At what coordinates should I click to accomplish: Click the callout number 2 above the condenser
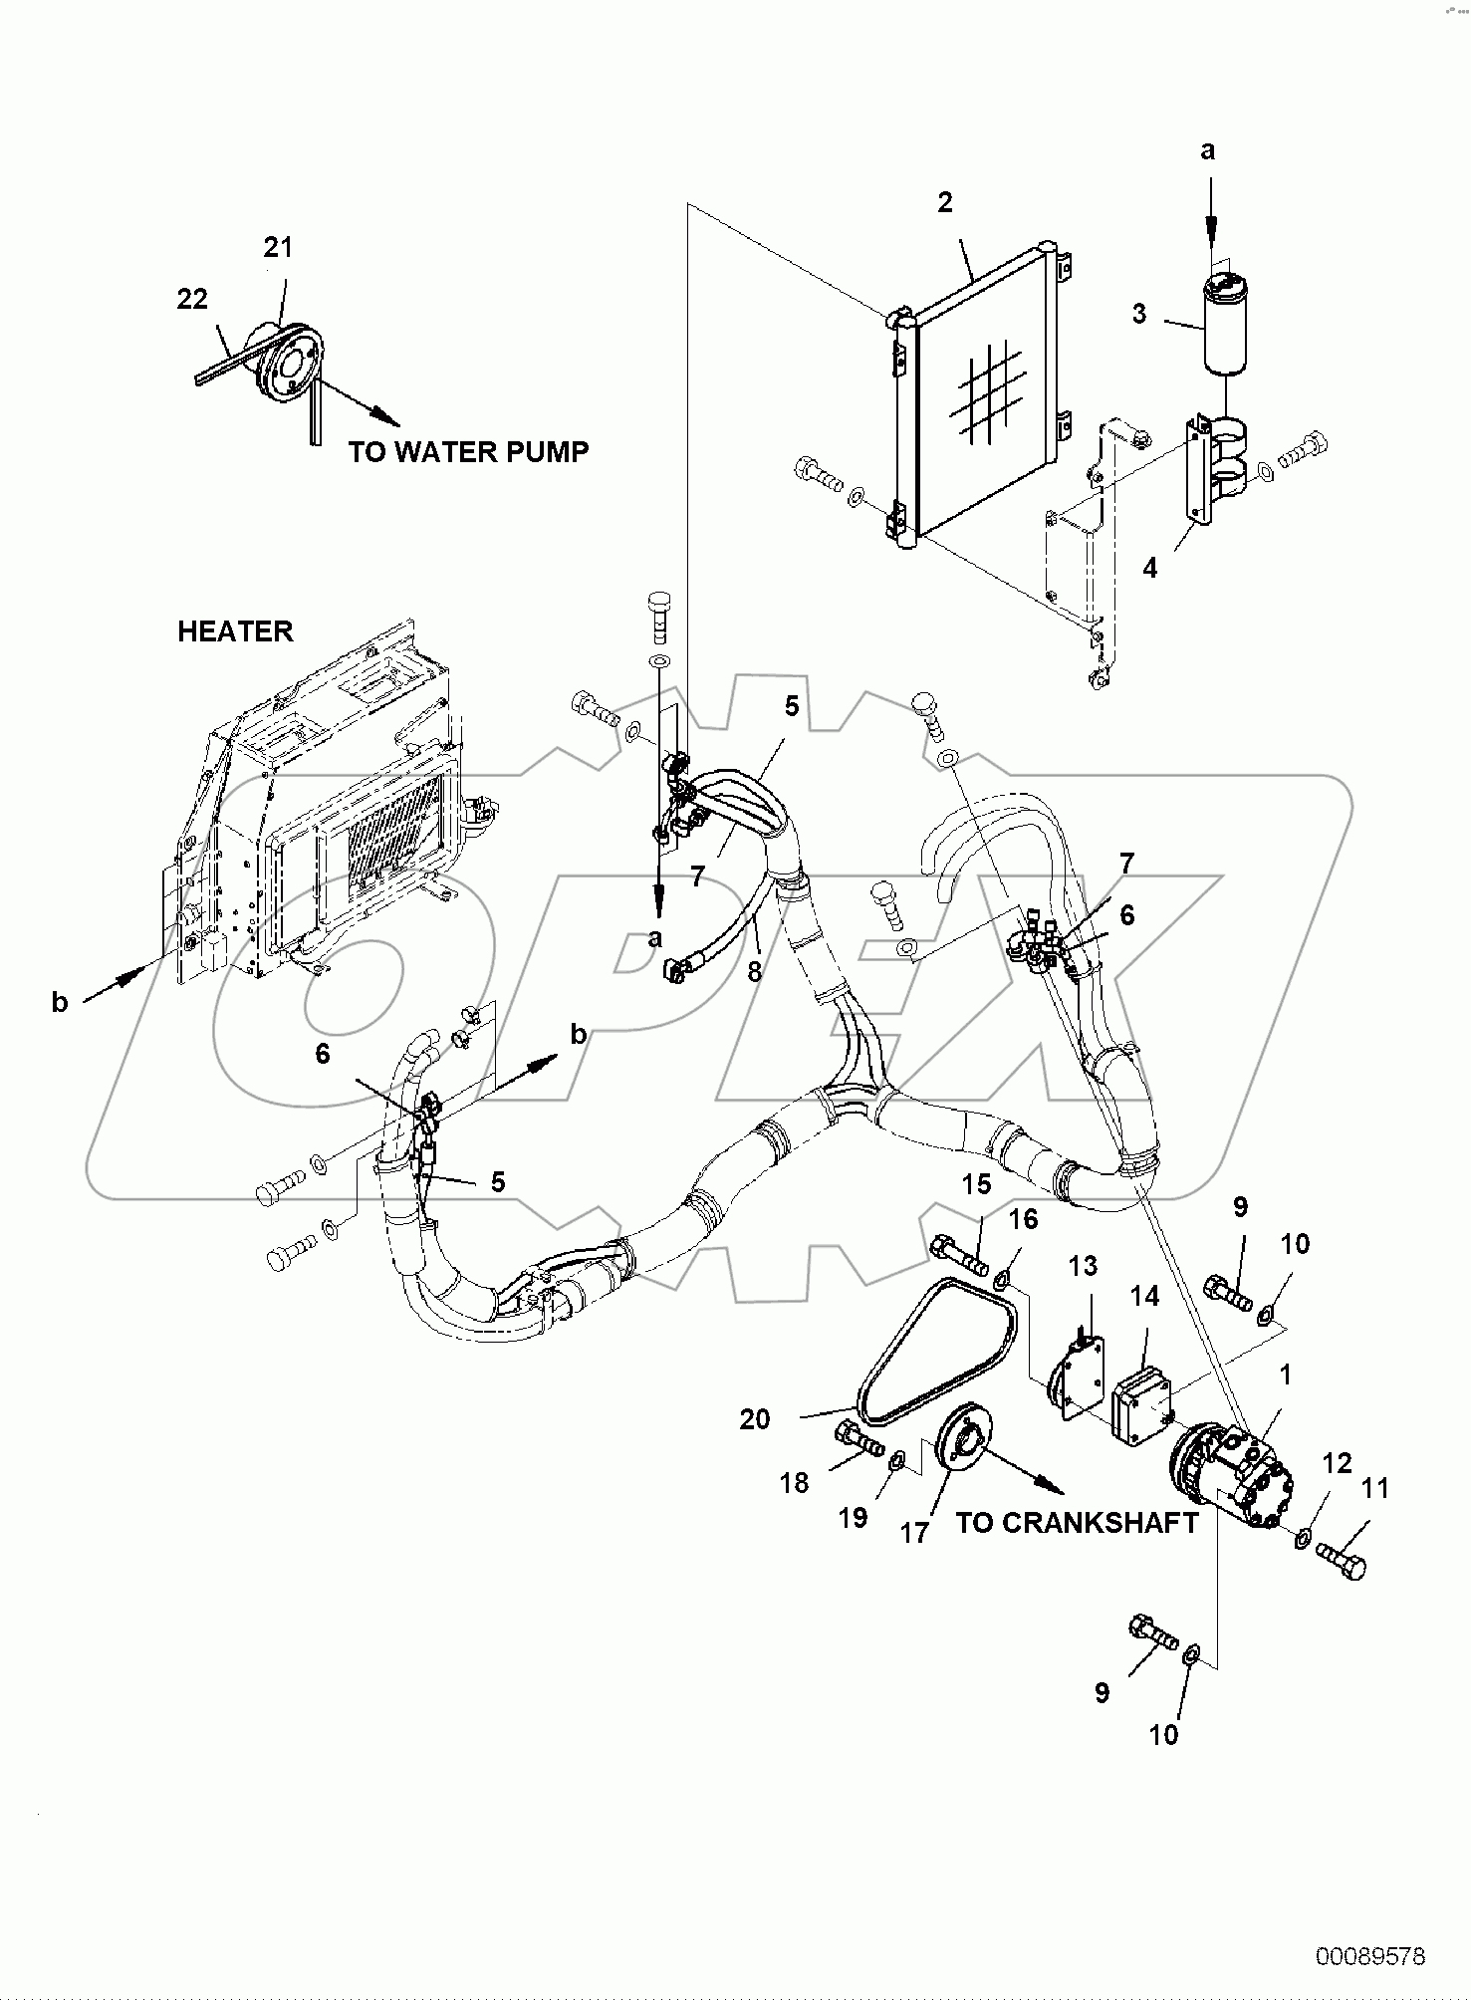point(944,202)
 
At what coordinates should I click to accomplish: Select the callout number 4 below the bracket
point(1150,569)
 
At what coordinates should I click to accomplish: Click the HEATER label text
point(235,631)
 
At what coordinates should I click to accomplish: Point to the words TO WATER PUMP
point(468,451)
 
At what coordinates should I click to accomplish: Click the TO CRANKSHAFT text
point(1077,1523)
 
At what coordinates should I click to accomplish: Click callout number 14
point(1144,1296)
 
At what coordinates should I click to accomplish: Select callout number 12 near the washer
point(1337,1463)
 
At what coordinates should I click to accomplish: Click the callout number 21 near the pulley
point(278,247)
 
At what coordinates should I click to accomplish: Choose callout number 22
point(192,298)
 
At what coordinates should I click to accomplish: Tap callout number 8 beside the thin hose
point(754,971)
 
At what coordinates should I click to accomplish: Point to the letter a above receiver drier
point(1207,150)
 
